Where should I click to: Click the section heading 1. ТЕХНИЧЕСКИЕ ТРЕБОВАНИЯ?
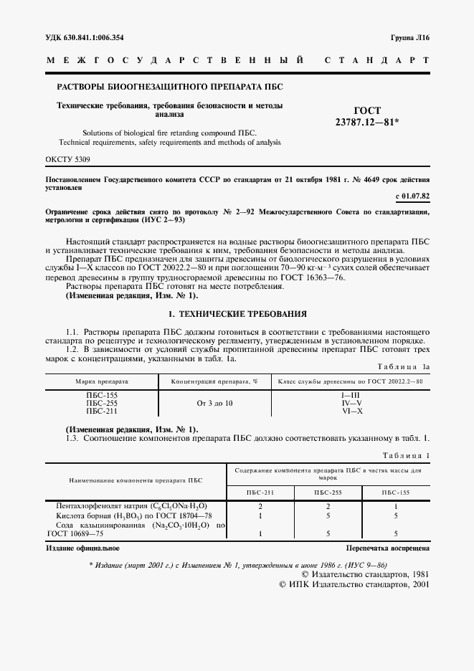[237, 314]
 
